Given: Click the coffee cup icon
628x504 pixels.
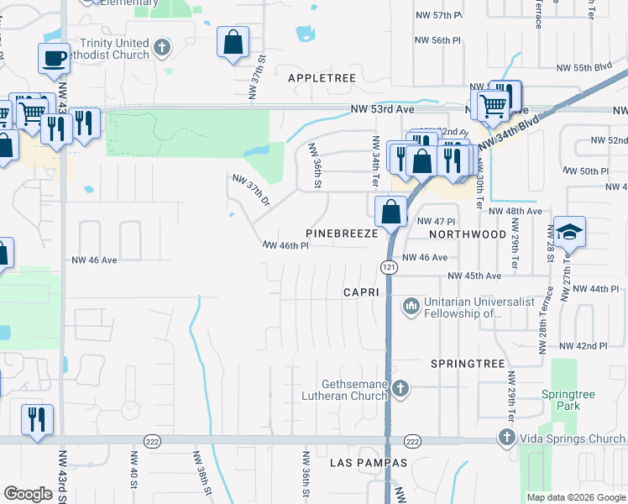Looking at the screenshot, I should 54,59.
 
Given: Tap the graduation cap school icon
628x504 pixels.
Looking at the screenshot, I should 569,232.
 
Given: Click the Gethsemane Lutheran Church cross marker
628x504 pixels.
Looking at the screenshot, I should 400,388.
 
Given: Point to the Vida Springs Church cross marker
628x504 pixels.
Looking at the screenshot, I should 505,437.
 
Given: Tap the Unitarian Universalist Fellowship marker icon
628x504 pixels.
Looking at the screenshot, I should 411,307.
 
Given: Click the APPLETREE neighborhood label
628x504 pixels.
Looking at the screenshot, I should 322,77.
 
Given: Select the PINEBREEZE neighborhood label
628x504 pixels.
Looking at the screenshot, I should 342,234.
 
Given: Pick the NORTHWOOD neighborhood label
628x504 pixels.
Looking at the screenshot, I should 468,234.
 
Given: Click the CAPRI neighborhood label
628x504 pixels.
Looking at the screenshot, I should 362,291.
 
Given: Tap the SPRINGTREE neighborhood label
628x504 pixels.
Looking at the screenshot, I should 468,364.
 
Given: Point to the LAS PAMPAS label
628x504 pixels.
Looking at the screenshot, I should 357,463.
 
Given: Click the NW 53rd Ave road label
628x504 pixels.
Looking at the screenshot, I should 383,109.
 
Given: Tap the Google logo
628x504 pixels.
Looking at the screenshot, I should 29,494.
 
